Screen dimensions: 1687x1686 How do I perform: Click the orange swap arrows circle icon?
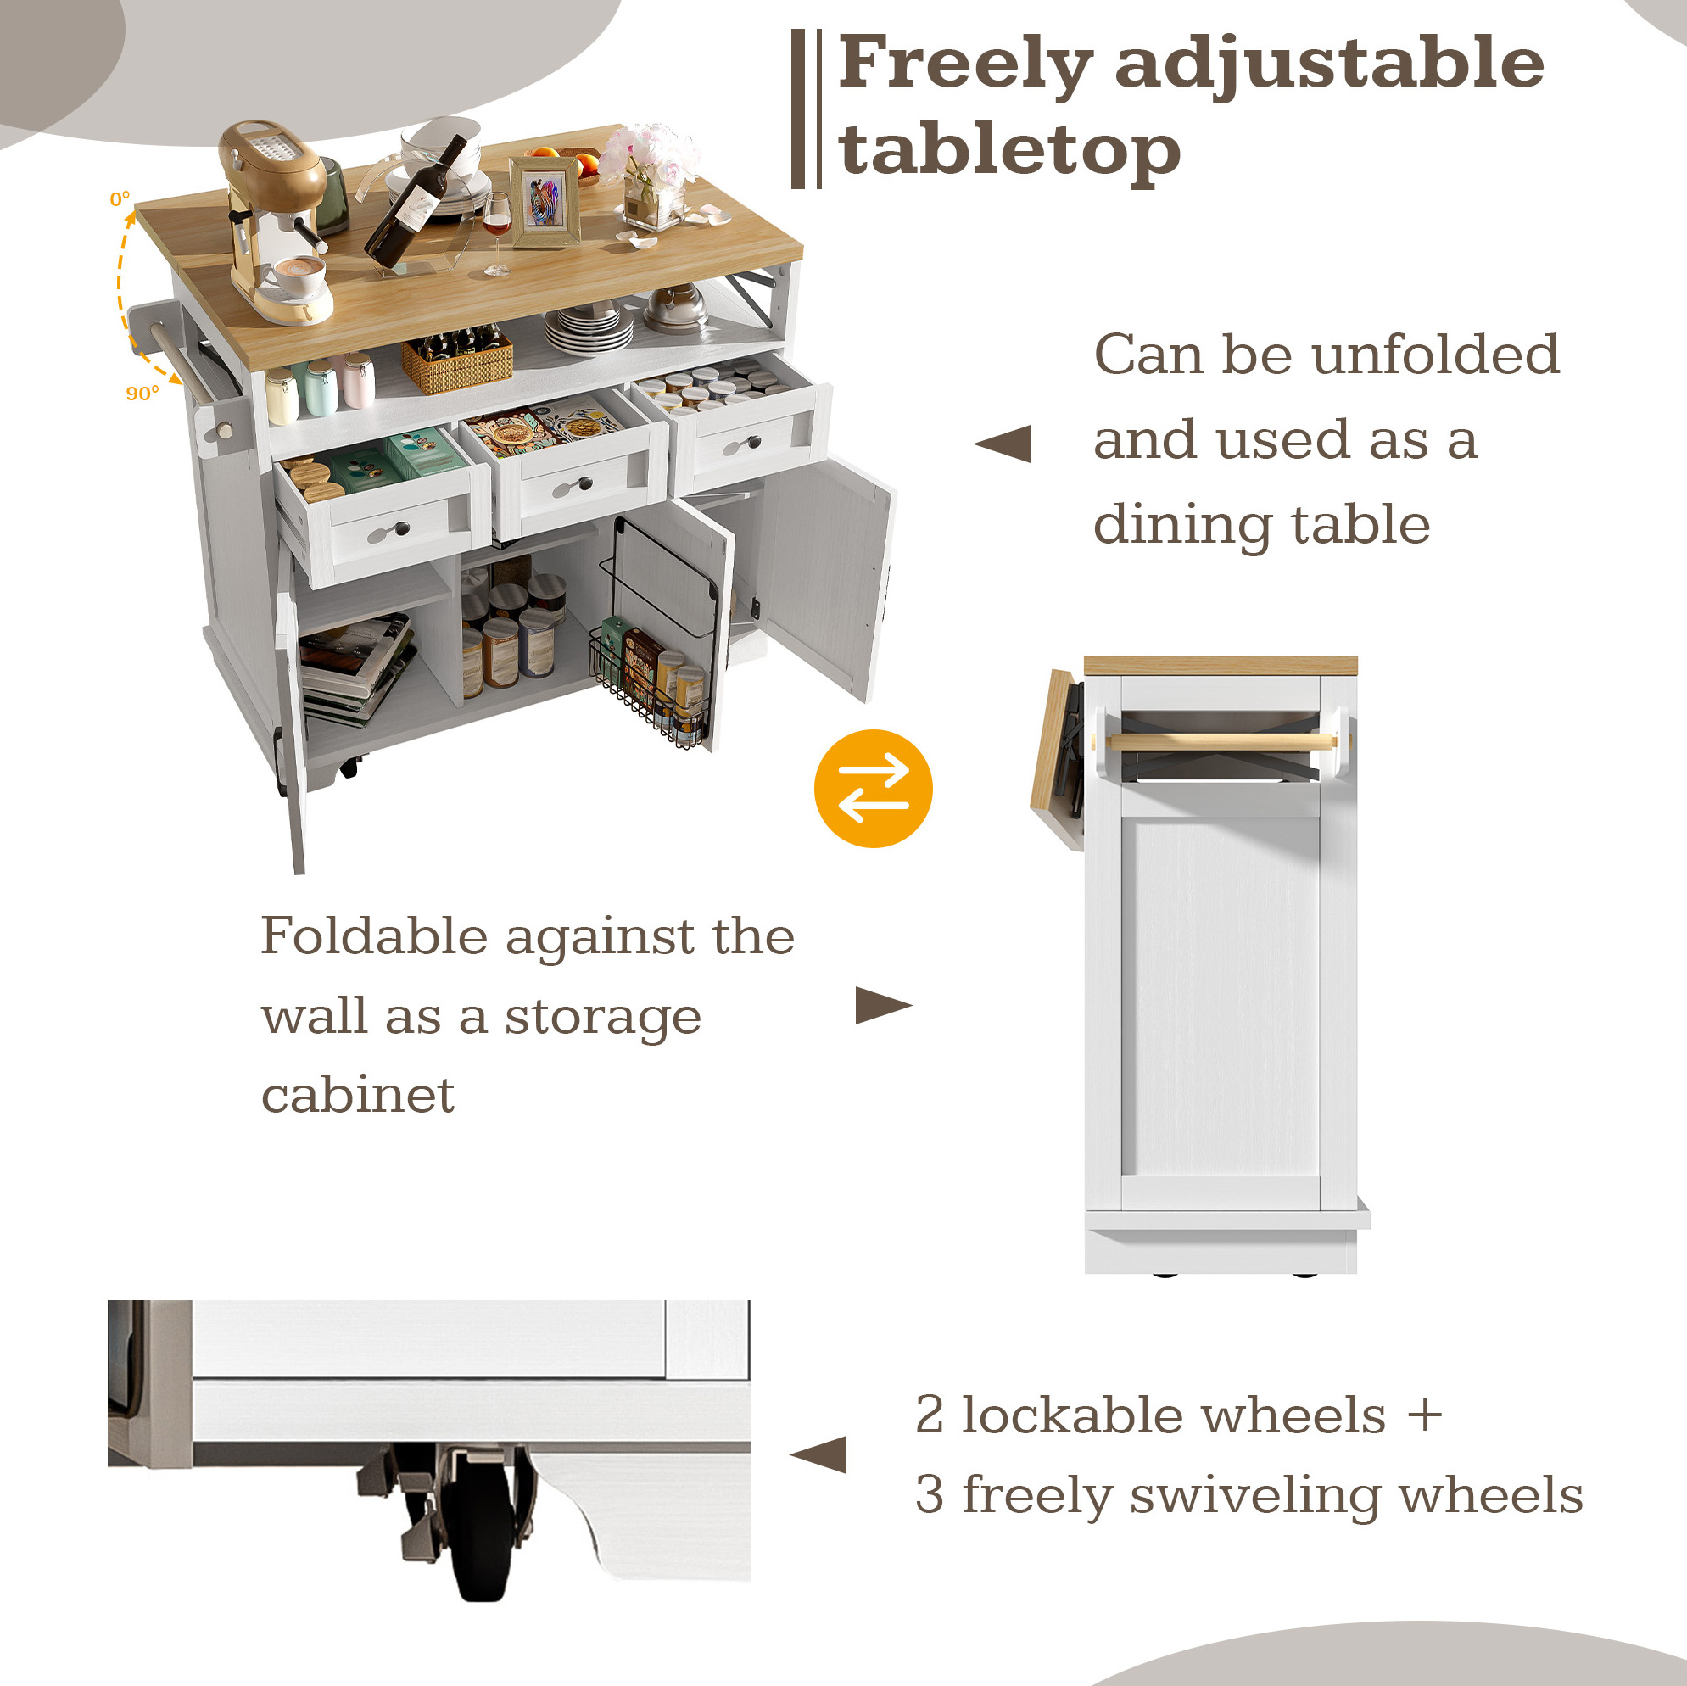(x=874, y=788)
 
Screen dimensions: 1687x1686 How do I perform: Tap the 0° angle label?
(x=120, y=199)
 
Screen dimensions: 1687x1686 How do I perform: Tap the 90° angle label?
(x=142, y=393)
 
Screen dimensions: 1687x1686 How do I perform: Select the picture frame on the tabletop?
(x=545, y=203)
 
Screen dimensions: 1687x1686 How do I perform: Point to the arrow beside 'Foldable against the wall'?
(x=883, y=1005)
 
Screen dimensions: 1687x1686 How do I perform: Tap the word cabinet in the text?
(x=358, y=1095)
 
